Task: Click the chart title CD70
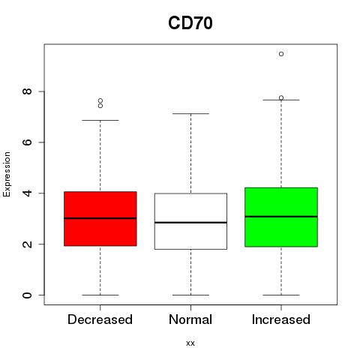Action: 190,23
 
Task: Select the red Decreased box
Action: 100,219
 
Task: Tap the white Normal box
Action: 190,221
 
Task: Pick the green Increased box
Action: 281,217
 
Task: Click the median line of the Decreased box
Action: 100,218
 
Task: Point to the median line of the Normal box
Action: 190,222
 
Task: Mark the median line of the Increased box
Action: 281,217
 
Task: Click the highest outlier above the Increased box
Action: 281,54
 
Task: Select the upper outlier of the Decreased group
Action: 100,100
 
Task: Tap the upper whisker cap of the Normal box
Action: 190,114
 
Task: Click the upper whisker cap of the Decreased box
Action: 100,120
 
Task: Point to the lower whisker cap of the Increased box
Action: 281,295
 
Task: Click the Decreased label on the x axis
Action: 100,319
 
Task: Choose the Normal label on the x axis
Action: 190,319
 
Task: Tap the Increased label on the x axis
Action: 281,319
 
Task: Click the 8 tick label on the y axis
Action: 27,91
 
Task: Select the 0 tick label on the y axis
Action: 27,295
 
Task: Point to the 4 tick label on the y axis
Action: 27,193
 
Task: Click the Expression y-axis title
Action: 7,174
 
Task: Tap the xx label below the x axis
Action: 190,343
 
